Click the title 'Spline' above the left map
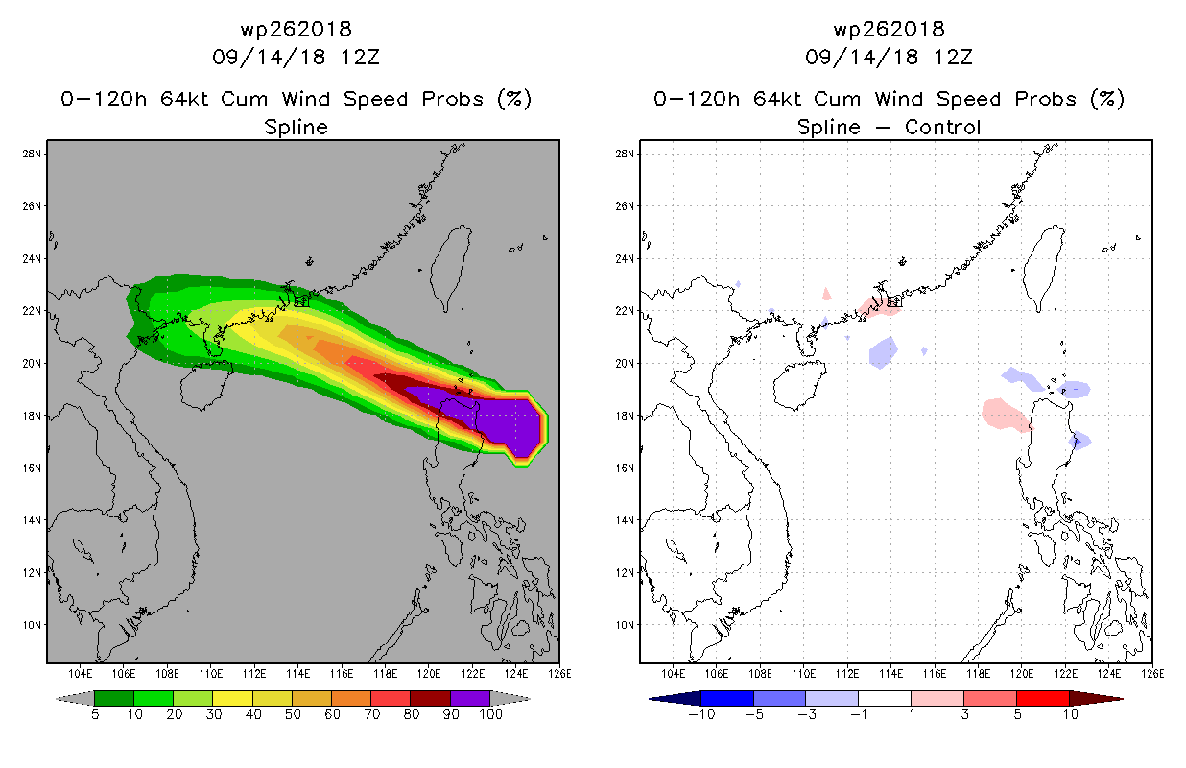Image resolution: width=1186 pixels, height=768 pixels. click(296, 127)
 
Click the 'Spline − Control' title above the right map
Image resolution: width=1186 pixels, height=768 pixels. click(889, 127)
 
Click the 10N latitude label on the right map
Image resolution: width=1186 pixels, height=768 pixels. click(626, 625)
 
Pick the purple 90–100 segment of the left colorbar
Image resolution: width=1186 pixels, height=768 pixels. click(470, 698)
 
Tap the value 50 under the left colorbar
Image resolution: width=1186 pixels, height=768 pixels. click(292, 714)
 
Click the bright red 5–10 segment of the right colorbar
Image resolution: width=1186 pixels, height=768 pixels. click(1042, 698)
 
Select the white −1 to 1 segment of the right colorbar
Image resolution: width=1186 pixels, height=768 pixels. click(884, 698)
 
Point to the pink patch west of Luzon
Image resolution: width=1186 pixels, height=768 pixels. click(1005, 415)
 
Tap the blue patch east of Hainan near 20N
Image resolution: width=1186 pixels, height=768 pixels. click(882, 352)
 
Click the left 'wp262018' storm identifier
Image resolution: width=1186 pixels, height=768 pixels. click(296, 29)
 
